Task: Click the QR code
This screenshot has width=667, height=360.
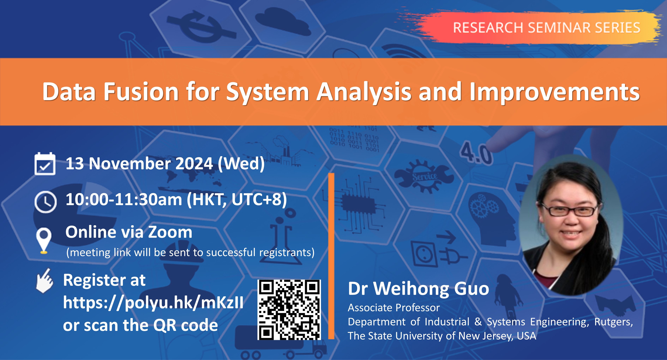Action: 289,310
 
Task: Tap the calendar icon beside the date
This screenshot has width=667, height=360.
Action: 45,164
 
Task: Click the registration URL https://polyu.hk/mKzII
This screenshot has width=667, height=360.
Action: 153,302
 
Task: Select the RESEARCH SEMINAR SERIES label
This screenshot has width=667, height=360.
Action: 546,28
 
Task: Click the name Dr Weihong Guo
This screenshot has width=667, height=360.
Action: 418,289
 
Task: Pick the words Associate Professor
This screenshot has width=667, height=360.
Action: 393,308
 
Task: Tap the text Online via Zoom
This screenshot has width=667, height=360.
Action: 129,232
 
